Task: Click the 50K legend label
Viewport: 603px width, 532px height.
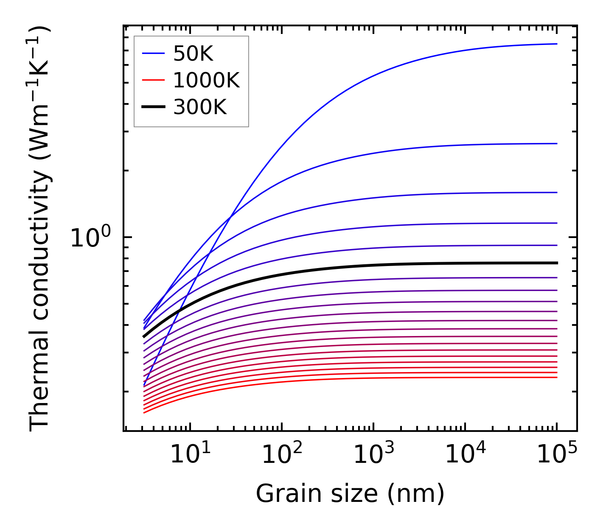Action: coord(193,53)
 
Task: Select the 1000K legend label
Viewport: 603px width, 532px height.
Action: coord(206,80)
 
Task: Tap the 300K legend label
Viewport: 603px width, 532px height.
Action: coord(200,107)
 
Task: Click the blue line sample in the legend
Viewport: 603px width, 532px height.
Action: coord(153,53)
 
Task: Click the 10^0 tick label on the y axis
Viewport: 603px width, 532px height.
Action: coord(90,238)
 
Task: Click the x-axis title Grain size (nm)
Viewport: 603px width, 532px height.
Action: coord(350,494)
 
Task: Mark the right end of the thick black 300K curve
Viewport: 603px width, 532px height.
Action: coord(557,263)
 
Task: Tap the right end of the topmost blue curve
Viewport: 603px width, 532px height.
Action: coord(557,44)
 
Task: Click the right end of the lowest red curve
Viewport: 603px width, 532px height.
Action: coord(557,377)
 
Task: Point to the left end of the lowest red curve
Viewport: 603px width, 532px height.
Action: coord(144,413)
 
